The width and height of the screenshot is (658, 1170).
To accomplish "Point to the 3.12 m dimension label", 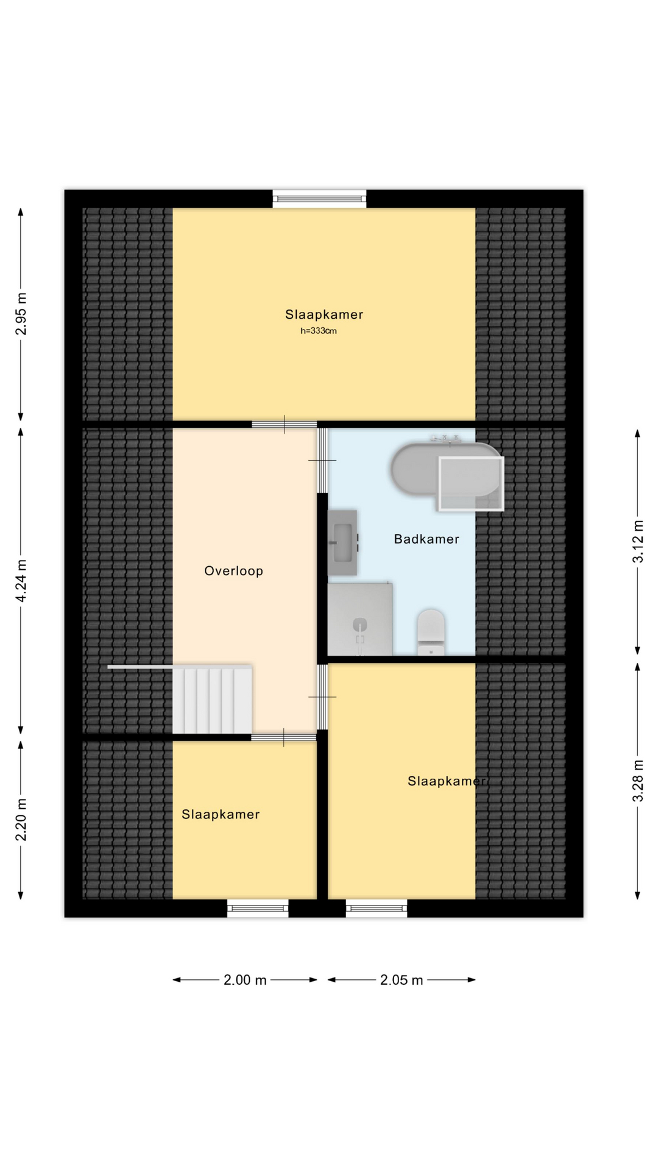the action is [638, 541].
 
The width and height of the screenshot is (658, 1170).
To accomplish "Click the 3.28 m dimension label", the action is [638, 781].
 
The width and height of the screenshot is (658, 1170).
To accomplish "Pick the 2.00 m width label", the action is [245, 980].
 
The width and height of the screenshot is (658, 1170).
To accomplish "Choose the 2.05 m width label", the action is [402, 980].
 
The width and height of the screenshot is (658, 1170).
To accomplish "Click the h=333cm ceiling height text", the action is [319, 331].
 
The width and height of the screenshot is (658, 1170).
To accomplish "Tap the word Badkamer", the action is [426, 539].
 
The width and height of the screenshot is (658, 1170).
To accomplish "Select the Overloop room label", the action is [233, 571].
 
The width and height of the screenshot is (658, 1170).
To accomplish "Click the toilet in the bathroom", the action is [431, 632].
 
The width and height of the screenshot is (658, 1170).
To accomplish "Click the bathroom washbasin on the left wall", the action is [342, 542].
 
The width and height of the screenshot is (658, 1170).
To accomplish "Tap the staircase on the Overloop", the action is [212, 700].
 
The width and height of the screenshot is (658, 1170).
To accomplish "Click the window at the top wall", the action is [319, 198].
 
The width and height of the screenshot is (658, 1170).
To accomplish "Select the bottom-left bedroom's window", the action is [258, 908].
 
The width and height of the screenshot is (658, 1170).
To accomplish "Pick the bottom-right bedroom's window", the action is [377, 908].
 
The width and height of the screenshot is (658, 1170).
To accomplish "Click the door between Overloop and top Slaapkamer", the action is [284, 424].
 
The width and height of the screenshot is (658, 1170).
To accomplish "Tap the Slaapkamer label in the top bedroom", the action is [324, 314].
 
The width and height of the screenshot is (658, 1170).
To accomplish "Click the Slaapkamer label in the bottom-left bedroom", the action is [221, 814].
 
